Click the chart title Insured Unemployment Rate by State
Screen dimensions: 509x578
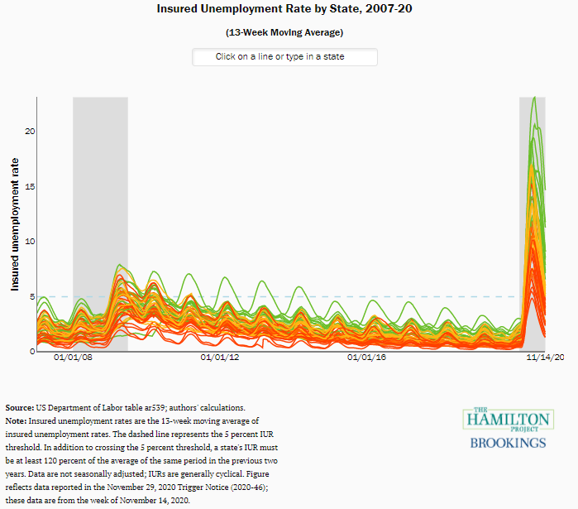click(x=284, y=8)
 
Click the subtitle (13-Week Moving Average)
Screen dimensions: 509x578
click(x=284, y=32)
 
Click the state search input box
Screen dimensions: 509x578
click(x=284, y=57)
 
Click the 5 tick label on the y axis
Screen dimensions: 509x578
click(x=30, y=296)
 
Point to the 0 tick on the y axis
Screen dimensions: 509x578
click(x=30, y=351)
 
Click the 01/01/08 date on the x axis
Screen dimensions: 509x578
click(x=73, y=358)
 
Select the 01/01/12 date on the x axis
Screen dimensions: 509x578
click(x=220, y=358)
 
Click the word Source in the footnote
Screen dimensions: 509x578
click(x=19, y=408)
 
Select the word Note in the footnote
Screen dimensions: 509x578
click(x=16, y=420)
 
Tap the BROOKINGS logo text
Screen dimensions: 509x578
click(x=508, y=443)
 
